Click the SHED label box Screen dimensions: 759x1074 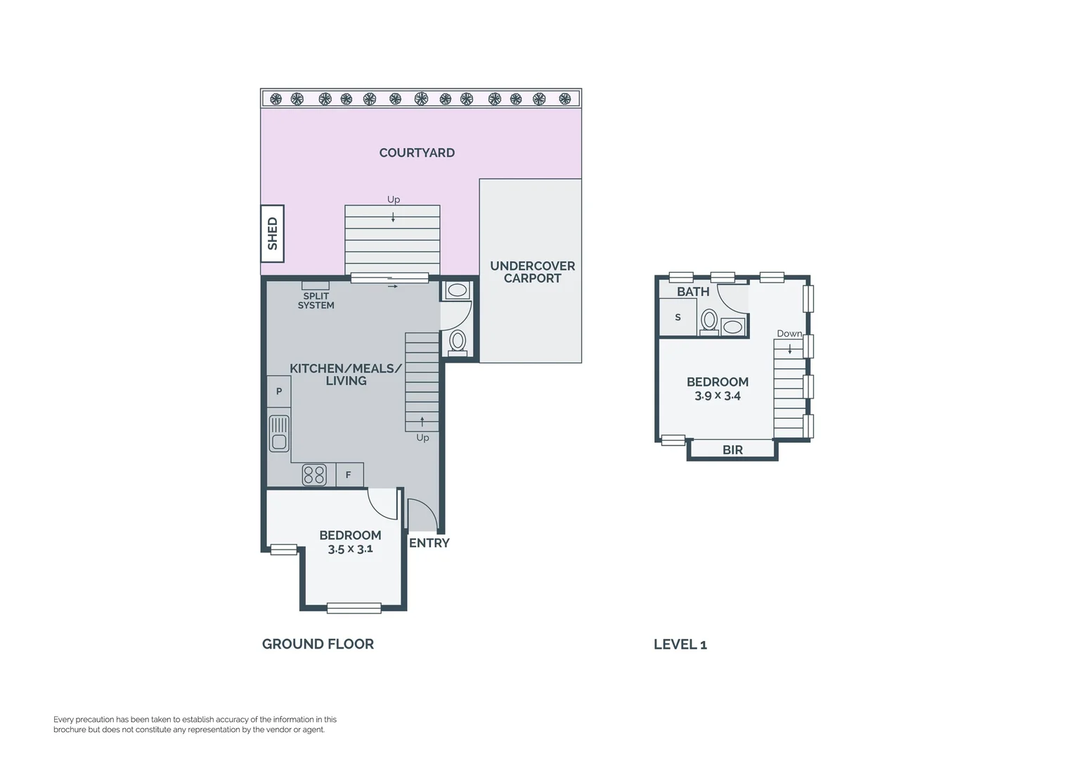273,233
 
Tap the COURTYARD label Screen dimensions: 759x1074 417,153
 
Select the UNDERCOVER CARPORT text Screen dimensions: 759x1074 532,272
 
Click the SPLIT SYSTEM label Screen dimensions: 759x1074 316,301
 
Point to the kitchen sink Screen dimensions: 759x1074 279,433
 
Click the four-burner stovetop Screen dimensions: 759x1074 314,475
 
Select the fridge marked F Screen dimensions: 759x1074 349,475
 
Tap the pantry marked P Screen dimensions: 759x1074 279,391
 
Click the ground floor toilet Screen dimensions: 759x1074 458,342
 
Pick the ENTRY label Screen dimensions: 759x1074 429,543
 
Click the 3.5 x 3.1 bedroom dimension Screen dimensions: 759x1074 350,549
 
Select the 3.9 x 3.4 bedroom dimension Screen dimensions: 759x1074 717,396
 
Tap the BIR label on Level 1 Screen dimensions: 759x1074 732,450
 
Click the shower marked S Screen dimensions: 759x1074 678,318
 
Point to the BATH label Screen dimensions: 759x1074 693,291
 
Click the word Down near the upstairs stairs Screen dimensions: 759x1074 789,334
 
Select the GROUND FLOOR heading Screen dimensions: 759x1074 318,644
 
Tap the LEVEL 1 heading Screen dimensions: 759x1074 680,644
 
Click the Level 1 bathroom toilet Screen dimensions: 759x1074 709,321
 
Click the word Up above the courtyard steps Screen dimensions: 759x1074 394,200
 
